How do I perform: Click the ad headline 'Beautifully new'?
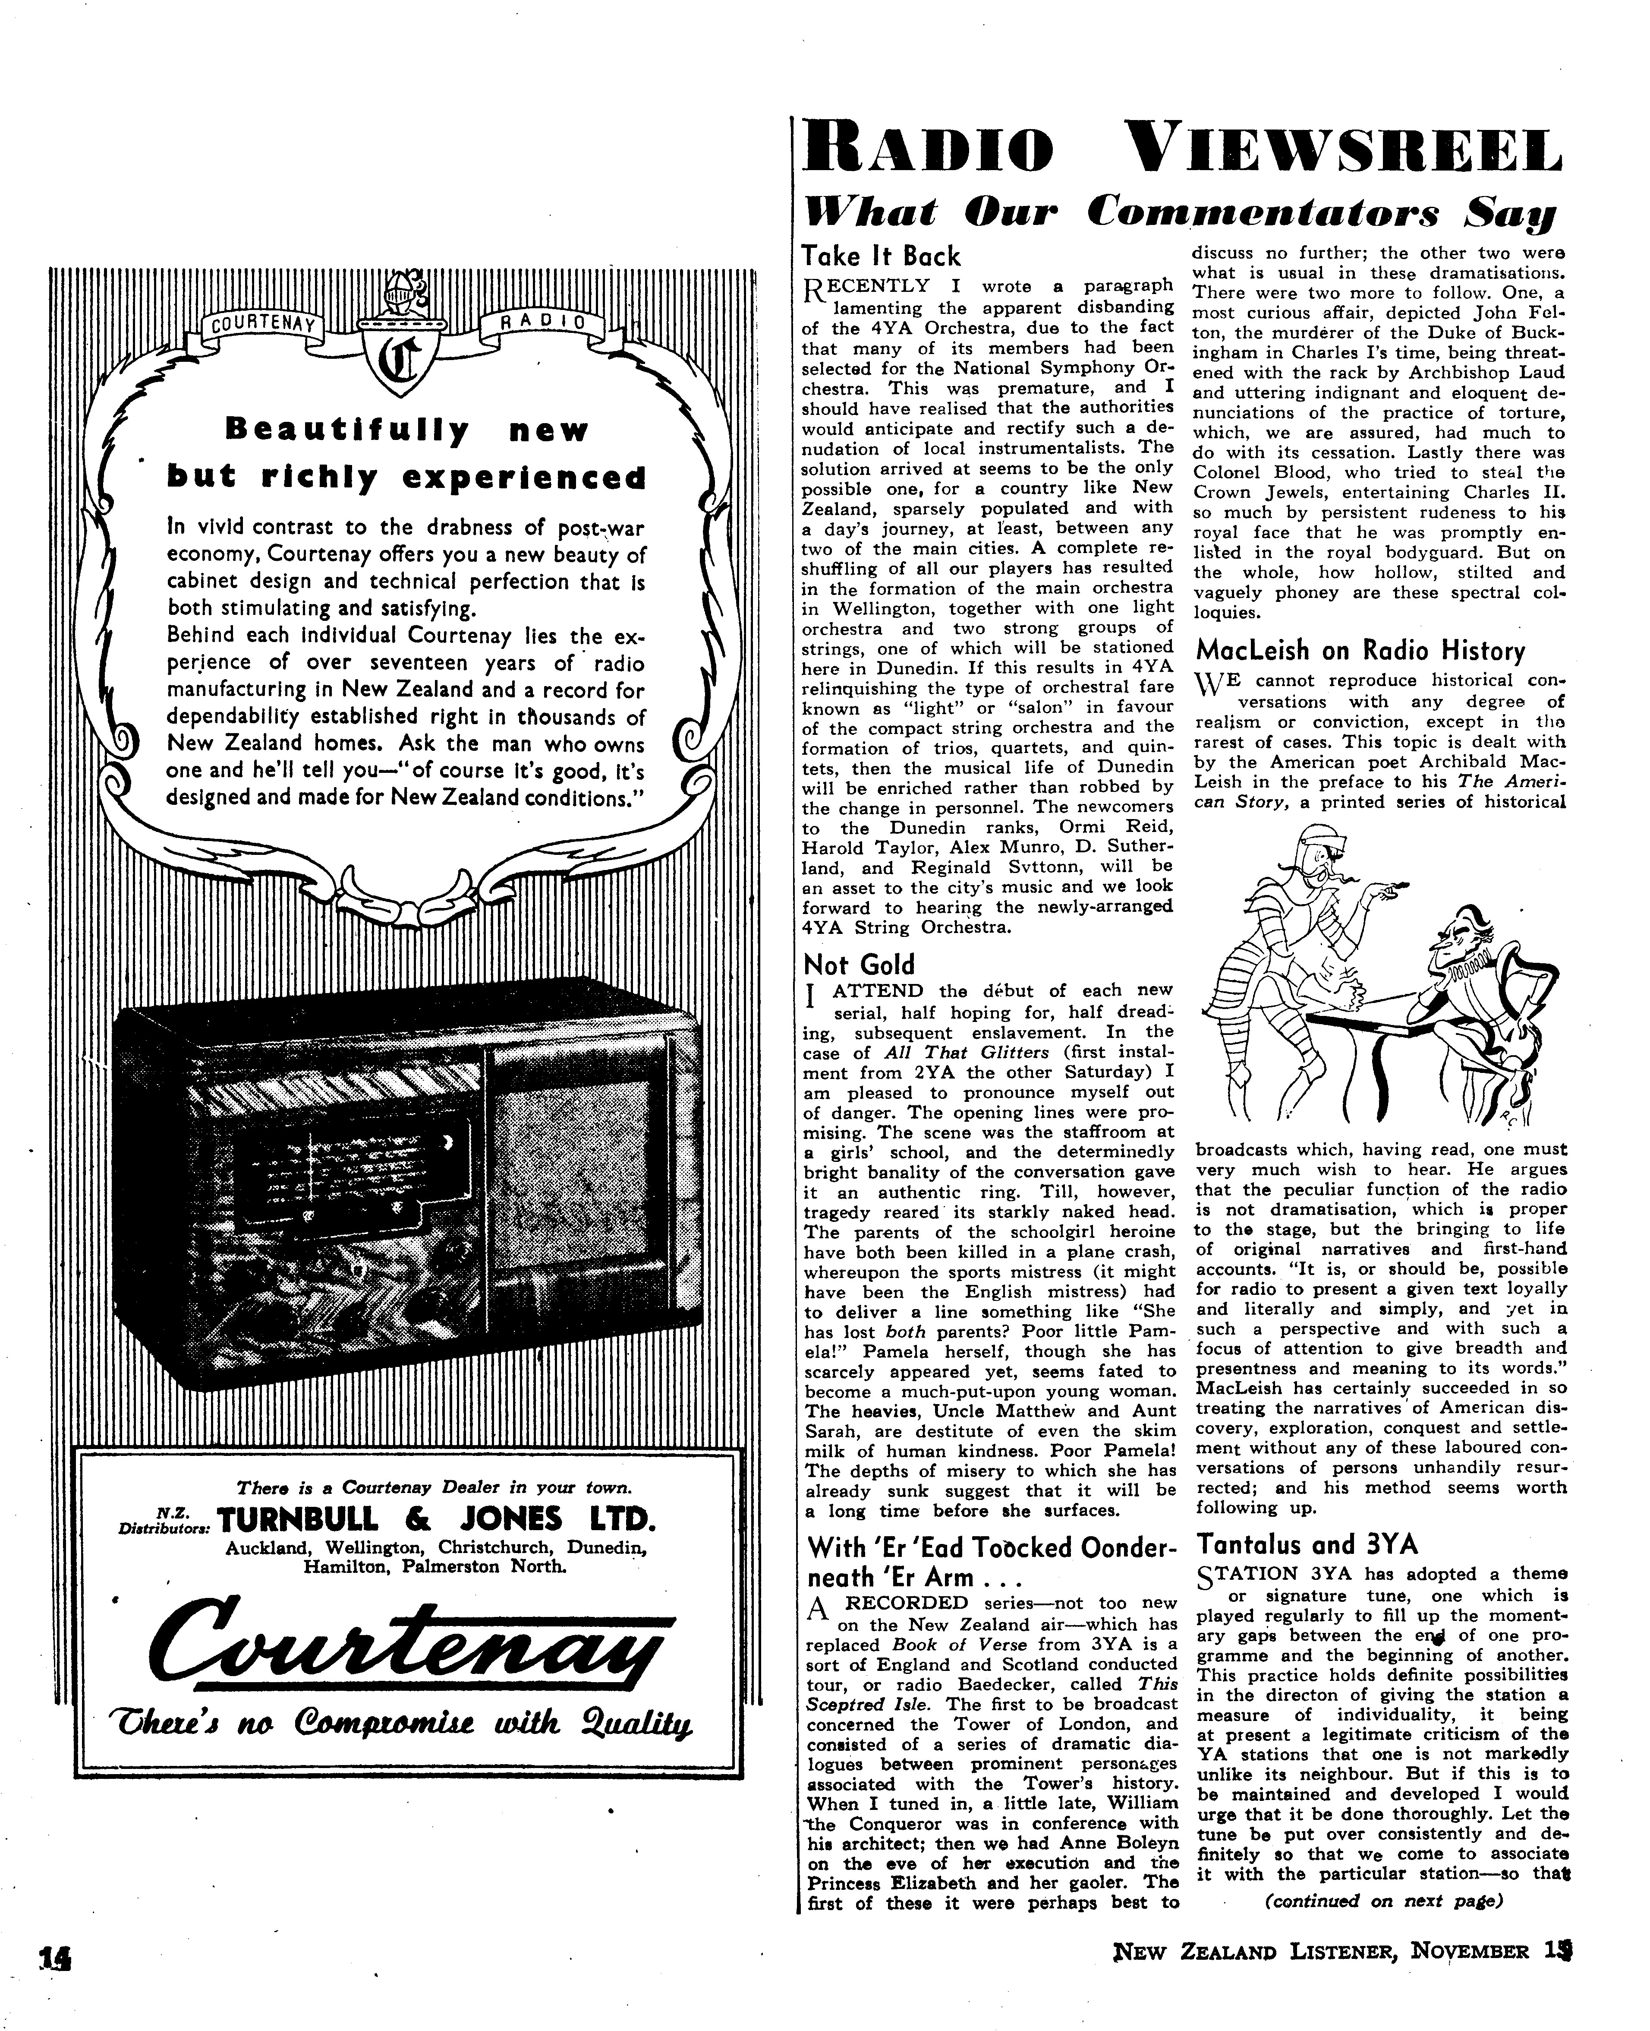coord(407,431)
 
